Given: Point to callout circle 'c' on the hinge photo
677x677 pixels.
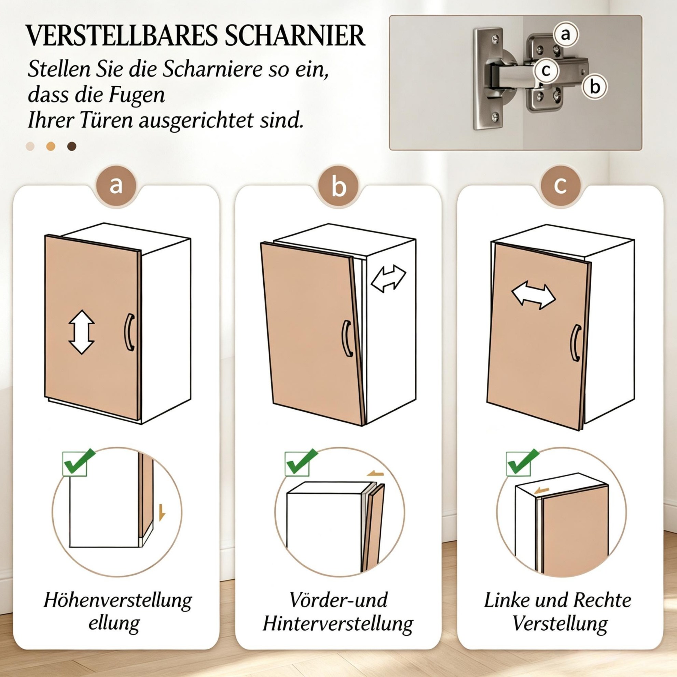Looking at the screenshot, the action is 546,70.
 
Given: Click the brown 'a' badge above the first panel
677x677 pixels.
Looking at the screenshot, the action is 116,186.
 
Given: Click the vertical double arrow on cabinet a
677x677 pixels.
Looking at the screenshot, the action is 81,332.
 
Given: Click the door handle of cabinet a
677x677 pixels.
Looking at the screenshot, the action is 129,332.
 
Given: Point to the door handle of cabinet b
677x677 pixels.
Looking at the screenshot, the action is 347,339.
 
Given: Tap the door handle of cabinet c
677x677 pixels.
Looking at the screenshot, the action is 576,343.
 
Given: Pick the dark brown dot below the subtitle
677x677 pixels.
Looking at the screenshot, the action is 72,146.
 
